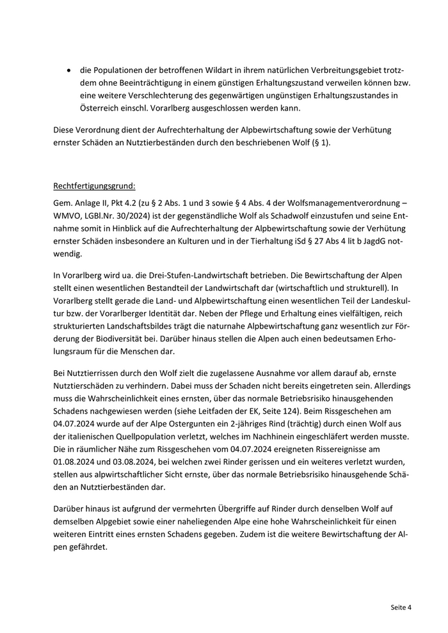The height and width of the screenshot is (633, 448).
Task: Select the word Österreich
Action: click(x=74, y=108)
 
